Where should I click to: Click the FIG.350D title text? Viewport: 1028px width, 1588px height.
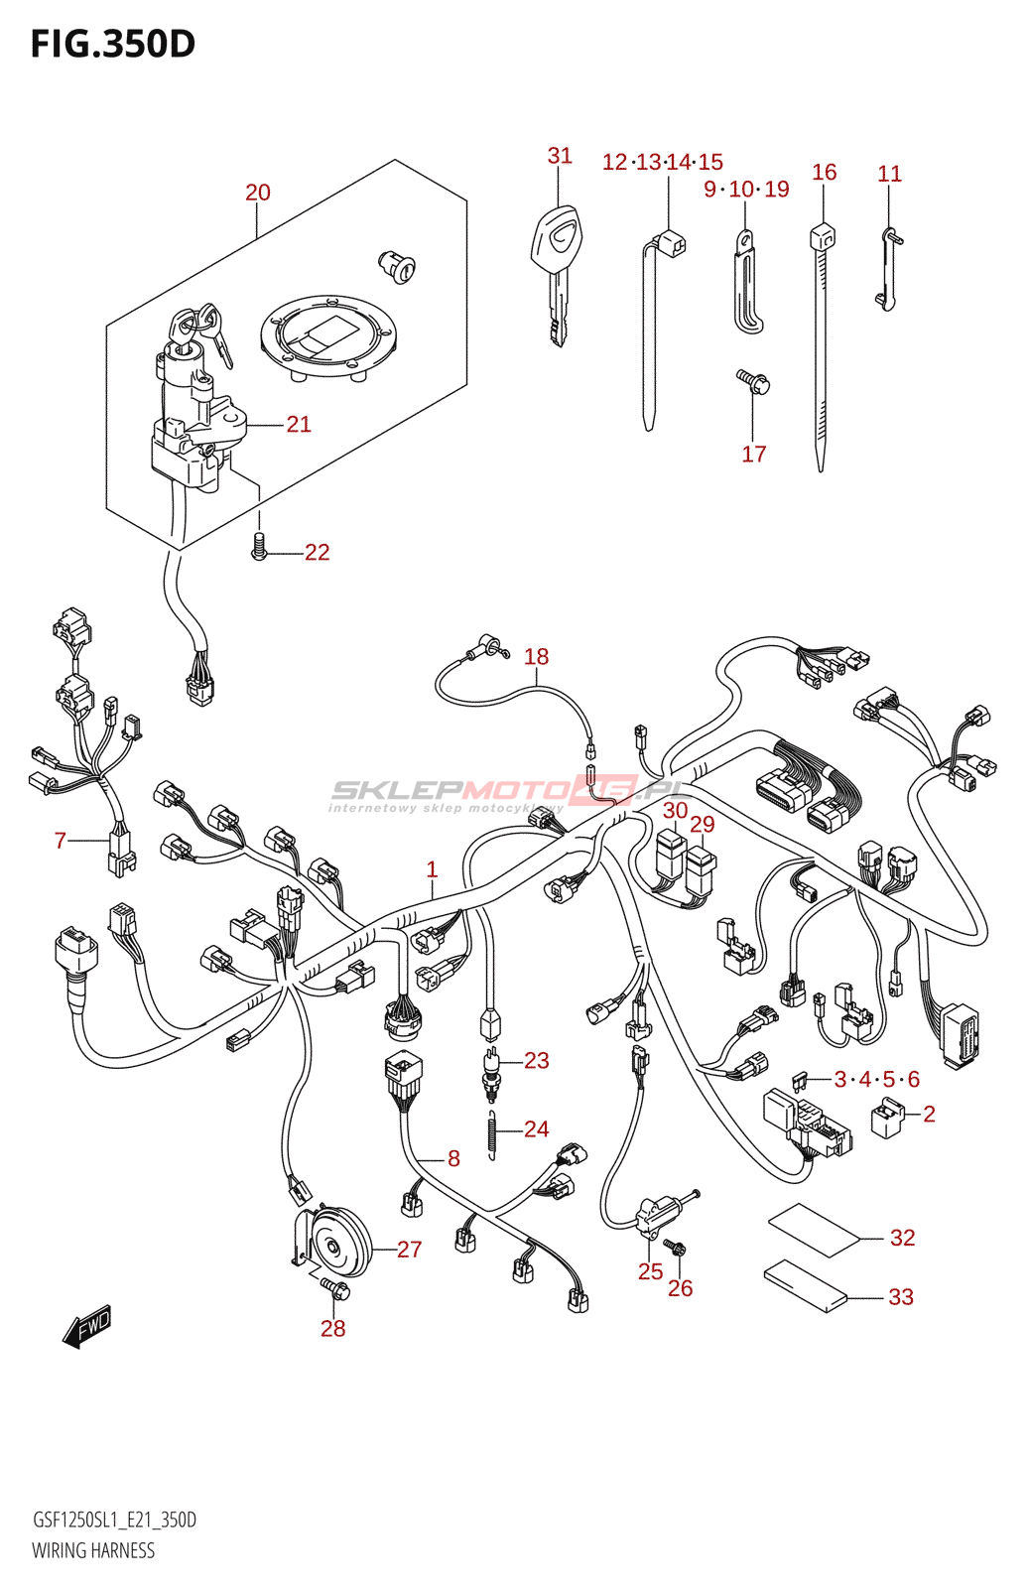coord(113,45)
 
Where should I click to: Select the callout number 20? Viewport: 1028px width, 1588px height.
coord(258,193)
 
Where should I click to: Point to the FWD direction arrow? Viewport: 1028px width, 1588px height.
coord(87,1326)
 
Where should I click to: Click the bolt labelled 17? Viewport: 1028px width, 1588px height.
coord(753,382)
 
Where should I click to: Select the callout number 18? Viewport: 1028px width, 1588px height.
coord(536,657)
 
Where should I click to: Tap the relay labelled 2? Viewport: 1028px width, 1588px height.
coord(888,1118)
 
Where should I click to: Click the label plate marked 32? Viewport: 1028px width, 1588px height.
coord(814,1231)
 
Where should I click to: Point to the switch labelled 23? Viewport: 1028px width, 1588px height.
coord(491,1073)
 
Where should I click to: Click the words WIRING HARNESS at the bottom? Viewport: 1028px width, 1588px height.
coord(93,1550)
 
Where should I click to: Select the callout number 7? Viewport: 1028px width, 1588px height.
coord(61,842)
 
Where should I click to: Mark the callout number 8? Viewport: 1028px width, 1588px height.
coord(453,1158)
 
